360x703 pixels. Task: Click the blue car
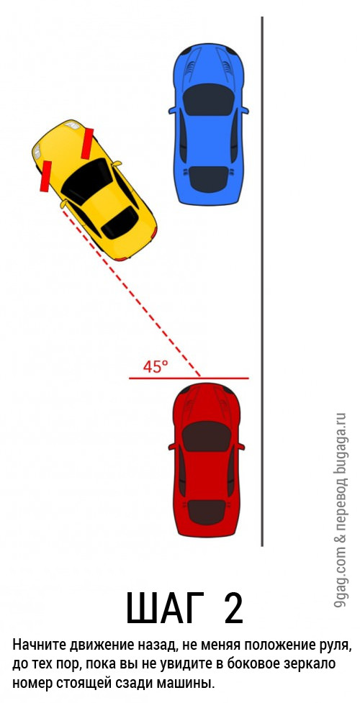click(209, 124)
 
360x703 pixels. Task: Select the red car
click(207, 460)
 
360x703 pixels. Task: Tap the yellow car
click(95, 190)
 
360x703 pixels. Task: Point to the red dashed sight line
click(131, 291)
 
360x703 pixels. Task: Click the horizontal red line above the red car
click(189, 378)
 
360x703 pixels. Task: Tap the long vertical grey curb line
click(262, 281)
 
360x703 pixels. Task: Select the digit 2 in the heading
click(233, 608)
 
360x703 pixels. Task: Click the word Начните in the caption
click(39, 645)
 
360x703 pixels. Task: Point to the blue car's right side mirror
click(245, 110)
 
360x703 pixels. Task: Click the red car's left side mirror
click(172, 447)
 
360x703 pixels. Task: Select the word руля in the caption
click(334, 647)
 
